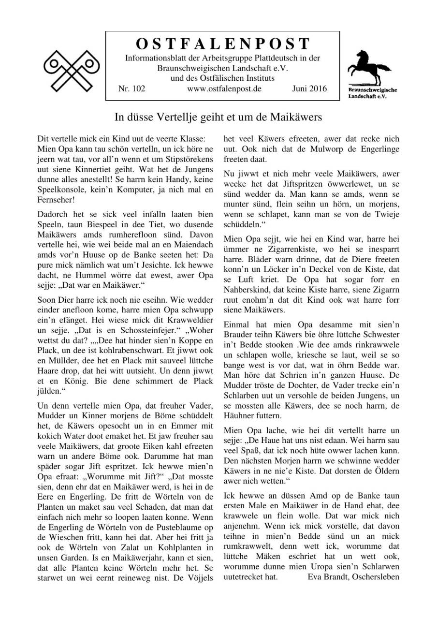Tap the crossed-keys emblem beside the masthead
(x=72, y=71)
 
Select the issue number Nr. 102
(x=131, y=88)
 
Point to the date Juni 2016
(x=309, y=88)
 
